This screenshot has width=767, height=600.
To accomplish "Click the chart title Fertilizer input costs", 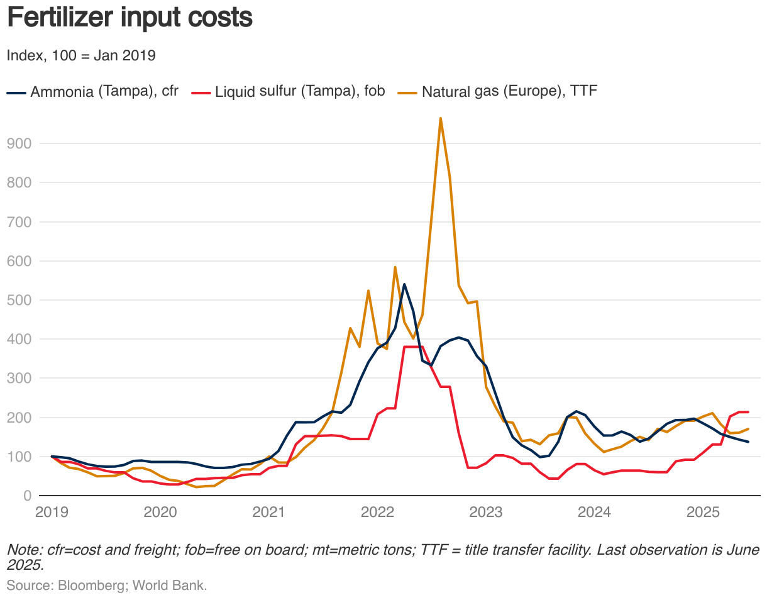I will (129, 18).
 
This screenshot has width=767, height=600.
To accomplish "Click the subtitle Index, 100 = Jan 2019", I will (81, 55).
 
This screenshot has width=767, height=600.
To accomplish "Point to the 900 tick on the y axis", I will (19, 143).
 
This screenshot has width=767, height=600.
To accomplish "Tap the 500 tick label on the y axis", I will (19, 300).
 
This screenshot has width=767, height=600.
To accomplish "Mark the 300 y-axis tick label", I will (19, 379).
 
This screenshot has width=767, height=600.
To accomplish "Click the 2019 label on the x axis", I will (52, 512).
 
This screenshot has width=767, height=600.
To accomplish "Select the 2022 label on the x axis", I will (377, 512).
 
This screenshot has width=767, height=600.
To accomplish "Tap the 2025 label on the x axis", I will (703, 512).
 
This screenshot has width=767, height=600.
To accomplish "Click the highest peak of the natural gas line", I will (440, 118).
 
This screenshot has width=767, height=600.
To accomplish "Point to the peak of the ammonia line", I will (404, 284).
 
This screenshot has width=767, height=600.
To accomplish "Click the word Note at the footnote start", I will (21, 550).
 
